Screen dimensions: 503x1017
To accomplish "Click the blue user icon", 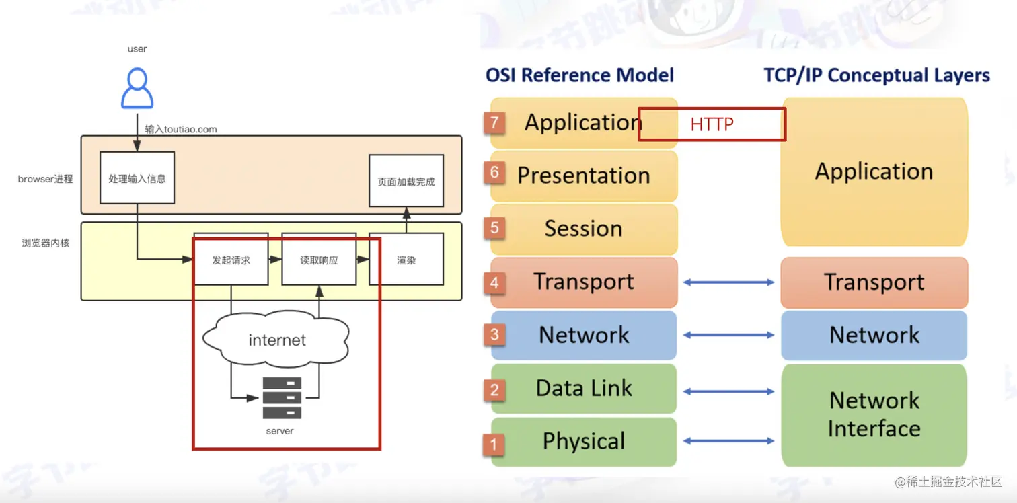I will pos(137,88).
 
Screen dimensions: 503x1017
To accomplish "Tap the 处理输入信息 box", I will pos(137,178).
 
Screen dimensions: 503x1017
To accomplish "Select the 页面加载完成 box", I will pos(406,181).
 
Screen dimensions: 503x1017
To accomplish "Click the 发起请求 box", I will pos(231,260).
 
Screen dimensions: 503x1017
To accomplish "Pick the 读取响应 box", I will pos(319,260).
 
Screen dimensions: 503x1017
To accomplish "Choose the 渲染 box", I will pos(406,260).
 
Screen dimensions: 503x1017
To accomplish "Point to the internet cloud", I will pos(277,340).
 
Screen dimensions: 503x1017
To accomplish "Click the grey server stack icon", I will pos(282,397).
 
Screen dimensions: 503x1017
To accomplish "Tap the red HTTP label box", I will pos(712,124).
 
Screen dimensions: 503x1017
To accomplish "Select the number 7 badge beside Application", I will pos(495,122).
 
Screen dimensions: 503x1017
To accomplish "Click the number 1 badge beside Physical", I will pos(494,444).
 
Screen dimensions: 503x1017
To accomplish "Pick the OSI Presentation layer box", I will pos(584,176).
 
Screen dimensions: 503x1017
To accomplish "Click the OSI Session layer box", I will pos(584,229).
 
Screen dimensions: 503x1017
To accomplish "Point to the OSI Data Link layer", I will pos(584,388).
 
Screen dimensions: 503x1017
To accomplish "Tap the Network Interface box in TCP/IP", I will pos(874,414).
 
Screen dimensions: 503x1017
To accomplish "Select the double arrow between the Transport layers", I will pos(728,282).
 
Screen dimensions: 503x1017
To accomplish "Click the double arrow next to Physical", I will pos(728,441).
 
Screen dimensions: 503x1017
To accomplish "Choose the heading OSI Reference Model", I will pos(580,75).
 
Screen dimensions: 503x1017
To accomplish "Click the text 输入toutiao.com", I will pos(181,129).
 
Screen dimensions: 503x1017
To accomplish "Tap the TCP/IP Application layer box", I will pos(874,172).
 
